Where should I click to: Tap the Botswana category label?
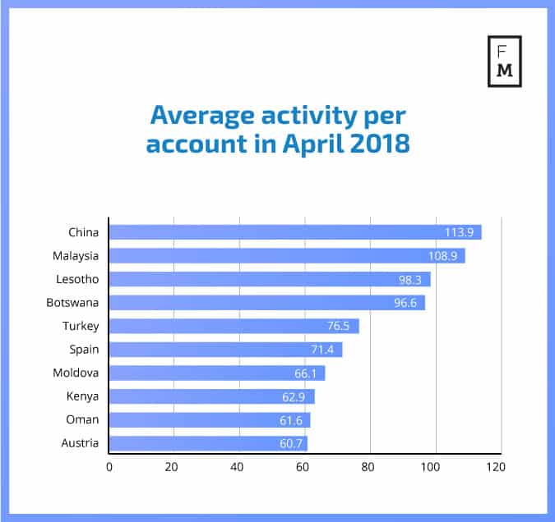click(x=73, y=302)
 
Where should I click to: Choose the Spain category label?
click(x=84, y=350)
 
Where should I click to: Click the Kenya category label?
click(x=83, y=396)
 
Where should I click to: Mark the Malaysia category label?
click(x=76, y=256)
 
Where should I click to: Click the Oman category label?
click(x=82, y=419)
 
